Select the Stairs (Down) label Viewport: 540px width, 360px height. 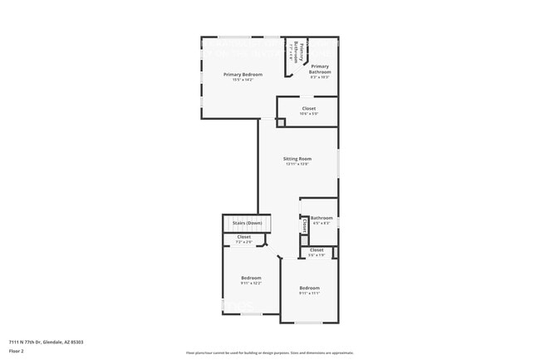pos(247,223)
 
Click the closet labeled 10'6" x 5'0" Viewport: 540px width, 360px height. pos(308,108)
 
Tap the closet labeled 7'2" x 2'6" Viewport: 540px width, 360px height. pos(244,237)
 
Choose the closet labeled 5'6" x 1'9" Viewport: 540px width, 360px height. pos(317,249)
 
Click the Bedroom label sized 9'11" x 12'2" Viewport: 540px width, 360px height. pos(251,277)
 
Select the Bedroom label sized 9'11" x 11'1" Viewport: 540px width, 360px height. pos(309,288)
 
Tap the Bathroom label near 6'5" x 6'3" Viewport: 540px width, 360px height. pos(321,218)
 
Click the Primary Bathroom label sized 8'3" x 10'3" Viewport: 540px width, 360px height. pos(320,68)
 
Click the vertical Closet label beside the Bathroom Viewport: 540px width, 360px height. pos(305,224)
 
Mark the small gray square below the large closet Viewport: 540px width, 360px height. pos(280,122)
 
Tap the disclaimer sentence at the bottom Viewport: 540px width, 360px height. pos(269,353)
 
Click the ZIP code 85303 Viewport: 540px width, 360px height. pos(77,342)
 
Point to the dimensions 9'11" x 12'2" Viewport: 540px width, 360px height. pos(251,283)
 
